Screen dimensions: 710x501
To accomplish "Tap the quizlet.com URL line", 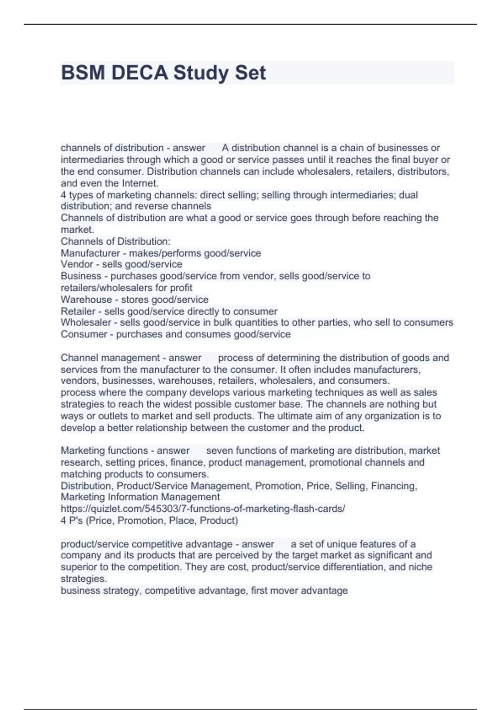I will tap(203, 509).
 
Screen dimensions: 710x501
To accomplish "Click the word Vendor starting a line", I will tap(77, 264).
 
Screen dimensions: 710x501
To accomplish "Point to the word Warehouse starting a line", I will tap(86, 299).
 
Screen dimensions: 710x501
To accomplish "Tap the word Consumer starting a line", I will tap(84, 334).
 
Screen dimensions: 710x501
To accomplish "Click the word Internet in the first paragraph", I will tap(139, 183).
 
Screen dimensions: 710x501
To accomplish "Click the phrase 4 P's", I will tap(71, 520).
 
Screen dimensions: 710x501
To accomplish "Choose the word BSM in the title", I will tap(83, 73).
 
